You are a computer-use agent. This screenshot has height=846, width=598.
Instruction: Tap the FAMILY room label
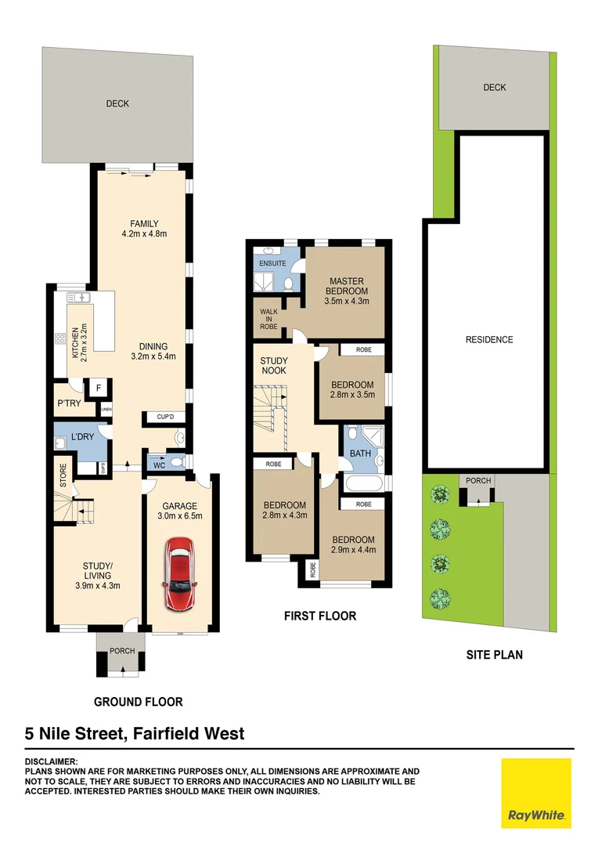pyautogui.click(x=144, y=225)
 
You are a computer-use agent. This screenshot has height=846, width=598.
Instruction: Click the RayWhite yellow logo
pyautogui.click(x=536, y=793)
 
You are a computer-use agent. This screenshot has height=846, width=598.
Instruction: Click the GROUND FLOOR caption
pyautogui.click(x=138, y=702)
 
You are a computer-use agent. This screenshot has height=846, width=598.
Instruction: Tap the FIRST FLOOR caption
pyautogui.click(x=319, y=616)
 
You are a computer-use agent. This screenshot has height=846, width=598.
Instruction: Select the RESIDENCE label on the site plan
pyautogui.click(x=489, y=340)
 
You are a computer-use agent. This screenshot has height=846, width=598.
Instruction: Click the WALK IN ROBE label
pyautogui.click(x=268, y=320)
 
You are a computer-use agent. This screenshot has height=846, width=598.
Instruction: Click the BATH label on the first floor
pyautogui.click(x=360, y=454)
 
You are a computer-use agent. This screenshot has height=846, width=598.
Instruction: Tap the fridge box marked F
pyautogui.click(x=99, y=388)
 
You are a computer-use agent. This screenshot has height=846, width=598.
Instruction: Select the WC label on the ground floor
pyautogui.click(x=159, y=465)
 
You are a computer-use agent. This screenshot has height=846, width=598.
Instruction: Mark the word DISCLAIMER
pyautogui.click(x=51, y=761)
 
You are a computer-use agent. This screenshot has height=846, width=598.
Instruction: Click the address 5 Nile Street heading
pyautogui.click(x=135, y=734)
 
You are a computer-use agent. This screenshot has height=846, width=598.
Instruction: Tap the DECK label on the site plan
pyautogui.click(x=495, y=88)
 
